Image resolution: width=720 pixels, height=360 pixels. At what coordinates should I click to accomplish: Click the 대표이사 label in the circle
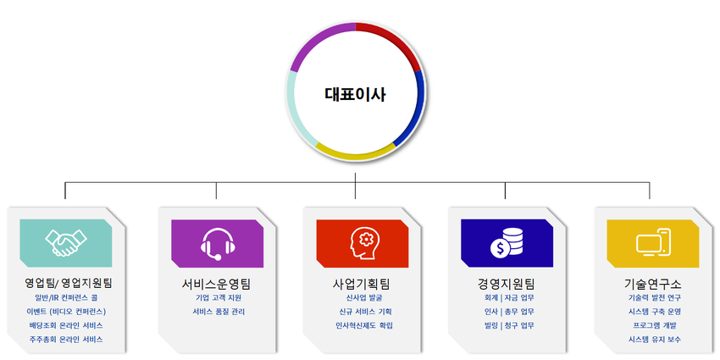[356, 95]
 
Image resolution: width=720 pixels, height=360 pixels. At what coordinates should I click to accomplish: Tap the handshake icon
[66, 243]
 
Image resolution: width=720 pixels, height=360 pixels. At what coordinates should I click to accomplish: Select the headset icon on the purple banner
[217, 244]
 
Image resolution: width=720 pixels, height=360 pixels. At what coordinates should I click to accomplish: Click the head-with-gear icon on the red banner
[363, 244]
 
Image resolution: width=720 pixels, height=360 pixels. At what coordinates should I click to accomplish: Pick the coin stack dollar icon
[507, 243]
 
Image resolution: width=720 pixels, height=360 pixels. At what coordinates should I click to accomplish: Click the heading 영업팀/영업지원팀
[69, 282]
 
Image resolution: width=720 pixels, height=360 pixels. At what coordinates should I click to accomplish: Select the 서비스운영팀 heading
[216, 285]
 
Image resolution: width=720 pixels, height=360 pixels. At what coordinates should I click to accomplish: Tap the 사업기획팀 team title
[361, 285]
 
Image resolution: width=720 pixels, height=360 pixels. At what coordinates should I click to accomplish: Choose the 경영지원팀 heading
[506, 285]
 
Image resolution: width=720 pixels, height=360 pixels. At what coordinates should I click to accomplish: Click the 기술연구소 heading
[653, 285]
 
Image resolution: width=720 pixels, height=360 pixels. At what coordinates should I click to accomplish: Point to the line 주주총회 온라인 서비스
[66, 340]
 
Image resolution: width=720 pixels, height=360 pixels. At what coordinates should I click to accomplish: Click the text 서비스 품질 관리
[219, 312]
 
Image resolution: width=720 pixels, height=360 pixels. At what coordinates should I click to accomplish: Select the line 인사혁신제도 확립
[364, 325]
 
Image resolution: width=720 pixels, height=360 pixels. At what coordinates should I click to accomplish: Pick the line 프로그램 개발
[654, 325]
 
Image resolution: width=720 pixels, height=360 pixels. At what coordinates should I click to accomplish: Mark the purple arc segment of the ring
[318, 41]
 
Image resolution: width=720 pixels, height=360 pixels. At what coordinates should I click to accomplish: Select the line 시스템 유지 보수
[654, 340]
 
